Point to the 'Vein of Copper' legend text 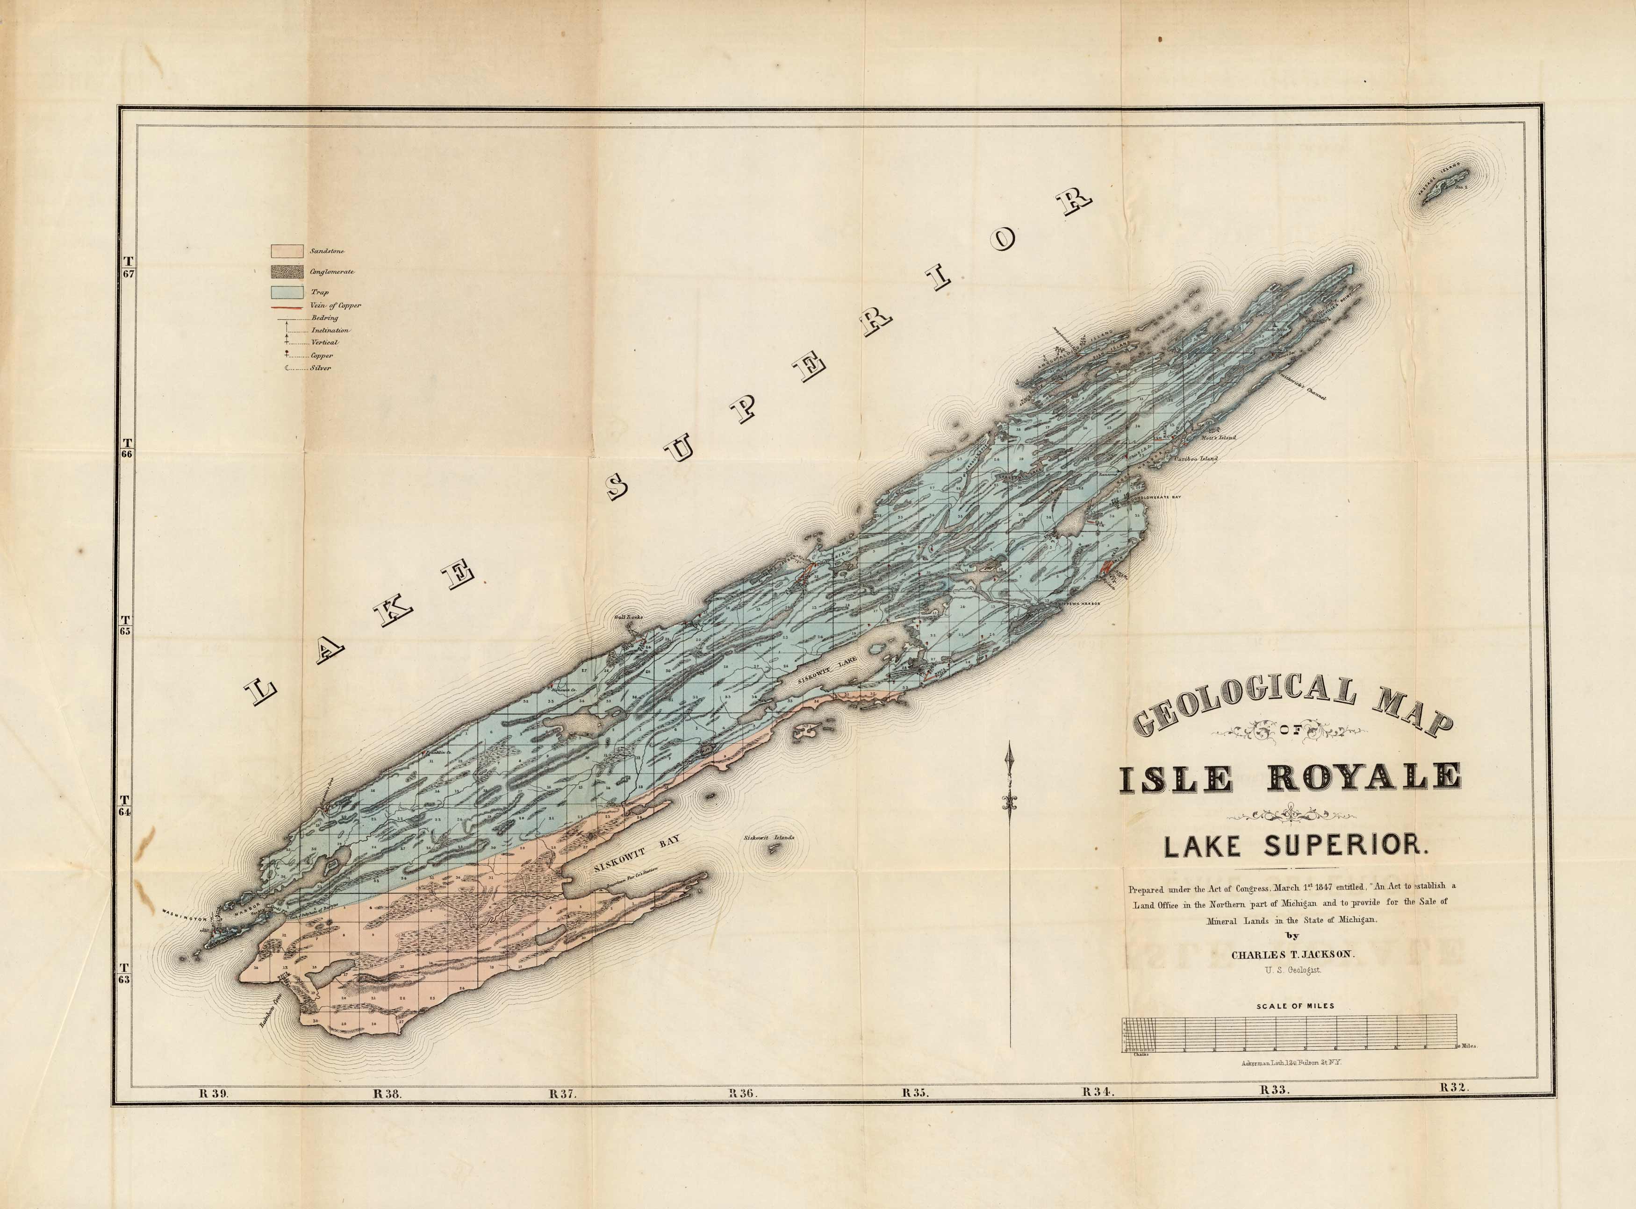tap(336, 305)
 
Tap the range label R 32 tap(1454, 1107)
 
